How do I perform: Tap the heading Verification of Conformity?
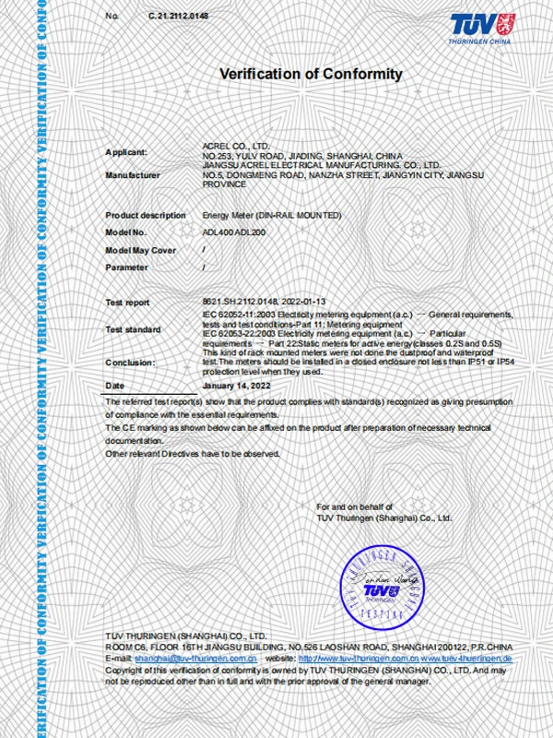coord(311,74)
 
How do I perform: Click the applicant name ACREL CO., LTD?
coord(235,146)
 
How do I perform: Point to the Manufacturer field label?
coord(133,174)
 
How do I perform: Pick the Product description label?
coord(145,215)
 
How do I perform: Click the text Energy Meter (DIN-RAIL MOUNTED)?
coord(272,215)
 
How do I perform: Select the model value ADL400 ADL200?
coord(234,232)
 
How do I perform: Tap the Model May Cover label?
coord(140,250)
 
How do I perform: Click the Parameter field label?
coord(126,268)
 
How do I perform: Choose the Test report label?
coord(127,303)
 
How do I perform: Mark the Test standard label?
coord(133,329)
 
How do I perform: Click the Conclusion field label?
coord(130,363)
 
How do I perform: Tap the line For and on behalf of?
coord(355,507)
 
